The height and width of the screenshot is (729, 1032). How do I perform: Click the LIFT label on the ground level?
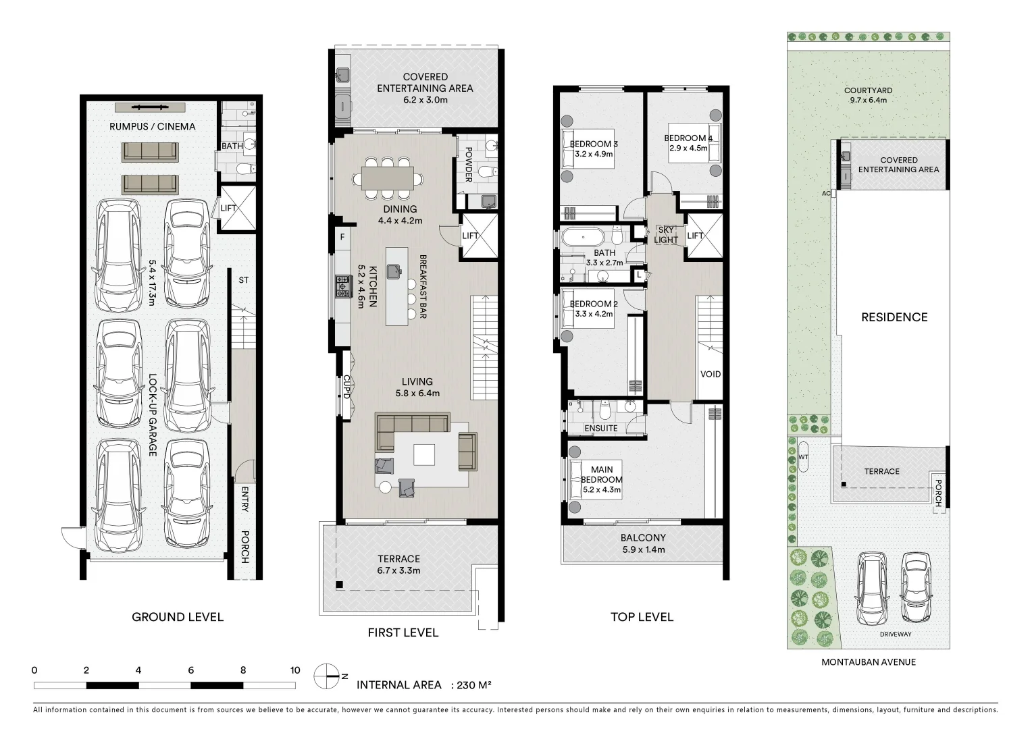tap(229, 208)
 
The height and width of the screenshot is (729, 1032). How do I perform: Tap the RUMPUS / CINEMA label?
tap(153, 126)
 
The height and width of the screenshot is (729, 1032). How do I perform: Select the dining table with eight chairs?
tap(388, 178)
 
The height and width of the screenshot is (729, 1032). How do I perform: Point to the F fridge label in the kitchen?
tap(342, 237)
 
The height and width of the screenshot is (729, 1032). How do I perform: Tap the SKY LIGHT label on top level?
tap(666, 235)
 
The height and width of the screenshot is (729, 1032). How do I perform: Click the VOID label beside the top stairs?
tap(710, 374)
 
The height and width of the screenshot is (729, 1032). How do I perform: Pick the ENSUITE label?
tap(600, 428)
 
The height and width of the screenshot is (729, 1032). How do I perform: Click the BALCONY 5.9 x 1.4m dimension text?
tap(643, 549)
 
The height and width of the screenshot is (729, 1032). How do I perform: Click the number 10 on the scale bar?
tap(295, 670)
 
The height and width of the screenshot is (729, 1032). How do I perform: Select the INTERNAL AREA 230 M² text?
tap(423, 685)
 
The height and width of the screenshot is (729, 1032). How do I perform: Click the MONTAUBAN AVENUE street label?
tap(868, 662)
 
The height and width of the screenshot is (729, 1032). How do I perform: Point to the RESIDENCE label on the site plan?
tap(894, 317)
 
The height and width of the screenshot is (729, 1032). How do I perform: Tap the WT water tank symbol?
tap(803, 457)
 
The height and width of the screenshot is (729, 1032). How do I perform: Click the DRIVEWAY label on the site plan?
tap(896, 634)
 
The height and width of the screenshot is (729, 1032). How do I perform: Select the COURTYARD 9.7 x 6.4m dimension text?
tap(868, 100)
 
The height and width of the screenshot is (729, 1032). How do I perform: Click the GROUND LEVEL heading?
tap(177, 617)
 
